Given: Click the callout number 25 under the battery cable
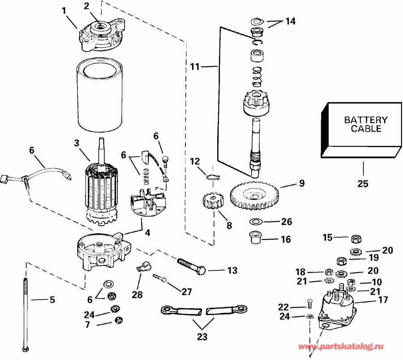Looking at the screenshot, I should [363, 184].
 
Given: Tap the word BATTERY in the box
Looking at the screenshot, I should [365, 120].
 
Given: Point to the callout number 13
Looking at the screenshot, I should [232, 270].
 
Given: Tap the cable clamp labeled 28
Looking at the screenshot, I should [142, 267].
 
